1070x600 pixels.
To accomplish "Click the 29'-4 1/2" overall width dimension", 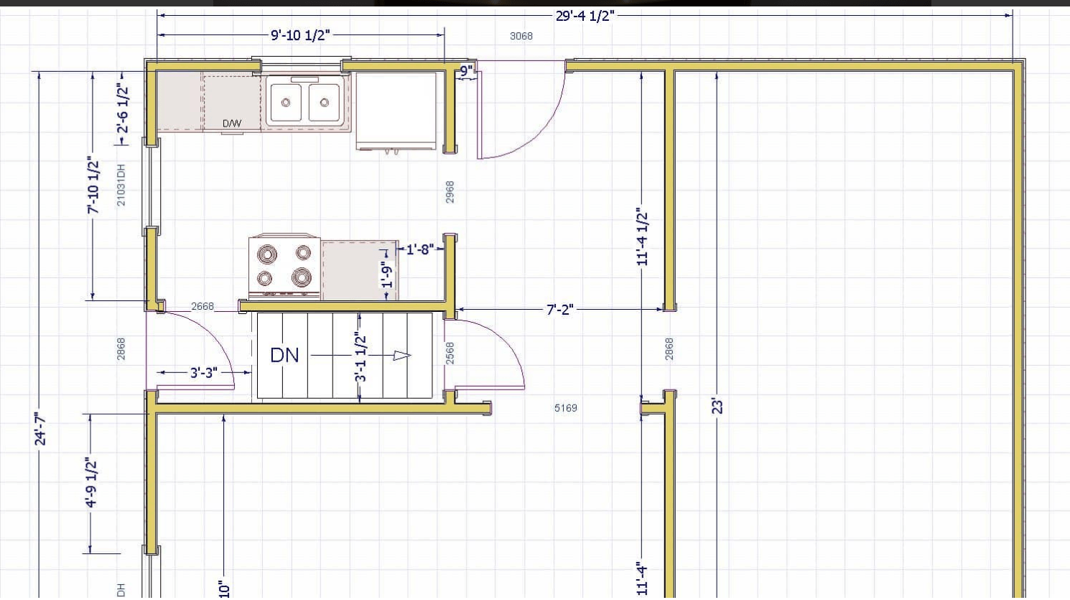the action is pos(585,16).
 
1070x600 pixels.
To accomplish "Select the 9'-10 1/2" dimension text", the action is pos(300,35).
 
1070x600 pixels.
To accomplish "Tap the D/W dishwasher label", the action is pos(232,124).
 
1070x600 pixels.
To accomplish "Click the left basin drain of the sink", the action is pos(286,102).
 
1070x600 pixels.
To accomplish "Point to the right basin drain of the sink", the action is pos(325,102).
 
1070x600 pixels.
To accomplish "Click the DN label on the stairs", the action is pos(284,355).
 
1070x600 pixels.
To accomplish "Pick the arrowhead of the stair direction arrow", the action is pos(401,356).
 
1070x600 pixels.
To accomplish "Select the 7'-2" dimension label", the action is pos(560,310).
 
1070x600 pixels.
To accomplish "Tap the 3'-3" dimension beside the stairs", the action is pos(204,372).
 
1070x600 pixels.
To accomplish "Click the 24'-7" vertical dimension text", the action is pos(41,430).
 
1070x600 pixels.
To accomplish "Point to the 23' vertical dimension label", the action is pos(717,407).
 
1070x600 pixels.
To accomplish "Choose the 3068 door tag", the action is pos(521,36).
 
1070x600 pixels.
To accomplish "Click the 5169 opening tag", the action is pos(566,408).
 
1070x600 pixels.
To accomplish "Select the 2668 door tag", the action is pos(203,306).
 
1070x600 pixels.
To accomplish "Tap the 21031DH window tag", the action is pos(121,185).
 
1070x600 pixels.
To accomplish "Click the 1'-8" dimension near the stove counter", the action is pos(420,249).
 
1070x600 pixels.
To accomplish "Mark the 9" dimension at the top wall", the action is pos(467,71).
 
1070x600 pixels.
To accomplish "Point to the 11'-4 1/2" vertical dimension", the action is pos(643,236).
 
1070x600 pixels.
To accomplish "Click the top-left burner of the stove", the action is pos(267,254).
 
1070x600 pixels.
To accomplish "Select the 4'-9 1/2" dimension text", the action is pos(90,482).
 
